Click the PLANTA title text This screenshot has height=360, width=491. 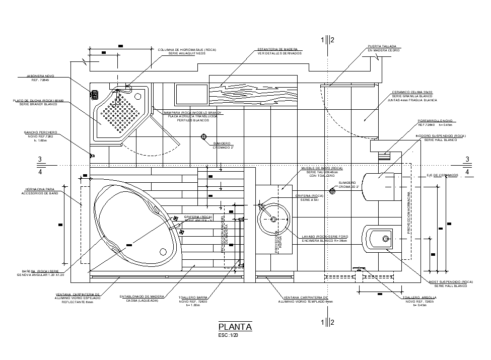tap(235, 327)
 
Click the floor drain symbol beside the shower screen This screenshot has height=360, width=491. tap(204, 137)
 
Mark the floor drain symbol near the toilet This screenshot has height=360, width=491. tap(332, 190)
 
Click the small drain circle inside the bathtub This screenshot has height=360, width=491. tap(163, 252)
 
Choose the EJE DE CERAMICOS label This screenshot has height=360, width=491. tap(442, 175)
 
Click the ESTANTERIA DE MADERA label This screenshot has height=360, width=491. tap(280, 50)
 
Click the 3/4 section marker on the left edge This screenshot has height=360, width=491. tap(40, 165)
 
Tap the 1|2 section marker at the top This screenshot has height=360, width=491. tap(327, 40)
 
